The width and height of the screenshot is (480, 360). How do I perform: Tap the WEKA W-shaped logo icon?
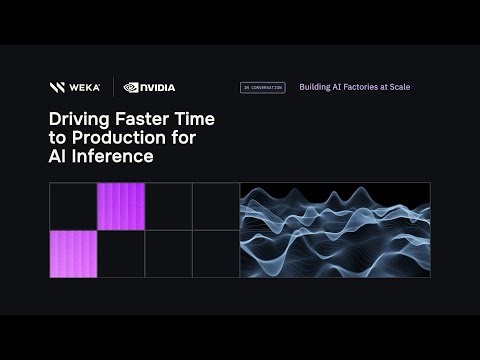tap(57, 87)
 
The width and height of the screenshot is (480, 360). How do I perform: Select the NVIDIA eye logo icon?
tap(131, 87)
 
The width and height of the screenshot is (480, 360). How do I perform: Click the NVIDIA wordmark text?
tap(157, 87)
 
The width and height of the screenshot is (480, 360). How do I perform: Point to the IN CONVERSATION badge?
tap(262, 87)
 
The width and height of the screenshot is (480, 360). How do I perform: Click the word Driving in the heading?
tap(78, 119)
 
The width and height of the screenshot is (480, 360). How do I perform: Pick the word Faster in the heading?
tap(143, 119)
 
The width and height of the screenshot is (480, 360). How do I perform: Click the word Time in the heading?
tap(195, 119)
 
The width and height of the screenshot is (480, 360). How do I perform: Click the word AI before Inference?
tap(59, 157)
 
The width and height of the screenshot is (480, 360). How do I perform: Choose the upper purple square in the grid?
tap(121, 206)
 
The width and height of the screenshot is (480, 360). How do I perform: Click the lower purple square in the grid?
tap(73, 253)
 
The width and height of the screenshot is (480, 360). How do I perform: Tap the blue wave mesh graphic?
tap(335, 230)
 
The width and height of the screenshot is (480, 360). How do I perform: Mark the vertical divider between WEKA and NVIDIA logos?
tap(112, 87)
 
